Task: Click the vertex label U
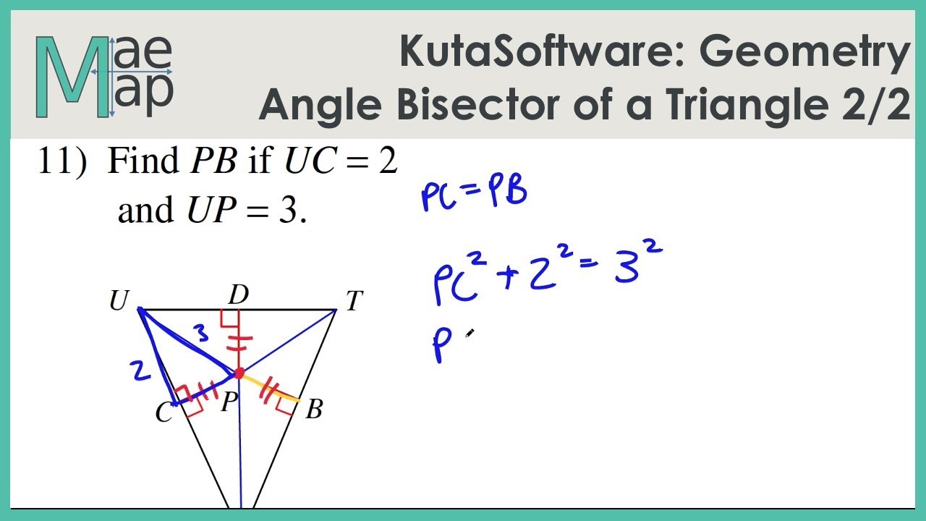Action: pos(118,301)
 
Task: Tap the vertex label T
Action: pos(353,301)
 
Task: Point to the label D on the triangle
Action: pos(238,295)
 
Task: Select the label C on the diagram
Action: pos(164,413)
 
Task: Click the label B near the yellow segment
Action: pos(313,410)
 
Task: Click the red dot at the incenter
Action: pos(239,373)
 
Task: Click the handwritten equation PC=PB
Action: pos(473,195)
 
